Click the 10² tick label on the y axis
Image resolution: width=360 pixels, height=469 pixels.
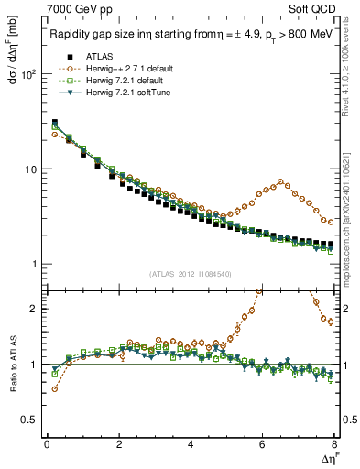tap(28, 75)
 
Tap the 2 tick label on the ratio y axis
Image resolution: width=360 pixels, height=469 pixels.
tap(35, 309)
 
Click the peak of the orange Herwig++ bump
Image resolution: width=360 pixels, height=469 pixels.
tap(280, 181)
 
